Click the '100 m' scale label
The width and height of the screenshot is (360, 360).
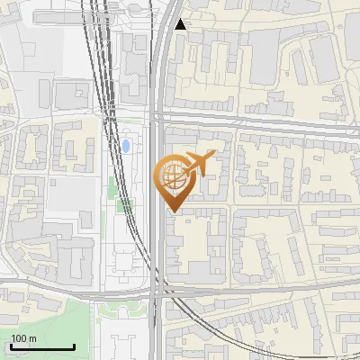point(23,338)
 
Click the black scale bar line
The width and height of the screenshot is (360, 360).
point(42,346)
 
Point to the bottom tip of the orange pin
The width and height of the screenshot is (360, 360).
point(173,211)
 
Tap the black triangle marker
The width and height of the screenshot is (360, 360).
point(181,24)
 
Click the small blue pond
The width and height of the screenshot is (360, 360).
point(127,145)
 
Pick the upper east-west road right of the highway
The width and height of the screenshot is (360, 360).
point(270,122)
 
